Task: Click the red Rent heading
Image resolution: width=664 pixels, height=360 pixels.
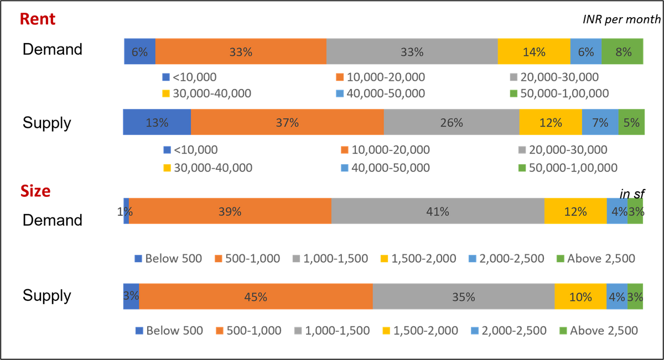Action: point(38,19)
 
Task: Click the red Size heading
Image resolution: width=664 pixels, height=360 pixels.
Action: point(36,191)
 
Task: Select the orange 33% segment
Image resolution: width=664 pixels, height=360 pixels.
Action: point(241,52)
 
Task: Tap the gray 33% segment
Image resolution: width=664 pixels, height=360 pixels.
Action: point(412,52)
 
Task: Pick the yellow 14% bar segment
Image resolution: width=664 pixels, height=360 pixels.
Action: point(534,52)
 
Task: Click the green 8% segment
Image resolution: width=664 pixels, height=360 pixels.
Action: point(623,52)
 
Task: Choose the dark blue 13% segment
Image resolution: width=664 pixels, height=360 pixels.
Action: point(157,123)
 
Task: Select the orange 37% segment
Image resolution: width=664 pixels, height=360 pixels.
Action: point(287,123)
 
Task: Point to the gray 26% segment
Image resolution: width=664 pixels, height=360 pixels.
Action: point(452,123)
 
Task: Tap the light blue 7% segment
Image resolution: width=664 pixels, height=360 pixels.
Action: point(600,123)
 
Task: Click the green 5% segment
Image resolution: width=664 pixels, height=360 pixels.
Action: point(631,123)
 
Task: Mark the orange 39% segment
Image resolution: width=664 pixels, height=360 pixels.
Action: point(230,211)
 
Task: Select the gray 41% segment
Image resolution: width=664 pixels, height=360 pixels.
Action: point(438,211)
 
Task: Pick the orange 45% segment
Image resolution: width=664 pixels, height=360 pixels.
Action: point(256,297)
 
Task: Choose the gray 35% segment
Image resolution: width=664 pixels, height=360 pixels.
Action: point(464,297)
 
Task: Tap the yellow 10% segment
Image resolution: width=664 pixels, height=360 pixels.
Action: point(580,297)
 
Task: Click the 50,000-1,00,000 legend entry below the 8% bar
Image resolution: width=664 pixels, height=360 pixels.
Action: point(559,93)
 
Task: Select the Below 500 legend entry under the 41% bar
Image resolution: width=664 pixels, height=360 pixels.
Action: point(169,258)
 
